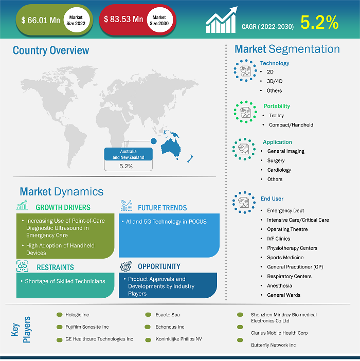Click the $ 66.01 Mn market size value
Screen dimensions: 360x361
point(41,20)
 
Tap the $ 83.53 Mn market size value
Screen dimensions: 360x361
point(123,20)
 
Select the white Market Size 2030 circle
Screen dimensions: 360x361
point(159,20)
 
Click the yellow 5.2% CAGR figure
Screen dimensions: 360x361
point(319,22)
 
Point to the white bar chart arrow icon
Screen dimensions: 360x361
point(221,20)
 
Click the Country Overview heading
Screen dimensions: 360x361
point(50,50)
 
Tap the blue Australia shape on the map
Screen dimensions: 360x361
point(171,148)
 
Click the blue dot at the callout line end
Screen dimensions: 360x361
point(154,141)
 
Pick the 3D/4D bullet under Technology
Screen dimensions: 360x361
point(275,81)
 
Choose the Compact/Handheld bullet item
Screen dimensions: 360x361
point(291,125)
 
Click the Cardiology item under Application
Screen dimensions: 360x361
point(279,170)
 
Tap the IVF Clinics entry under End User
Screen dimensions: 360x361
point(279,239)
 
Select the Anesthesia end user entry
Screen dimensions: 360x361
point(279,286)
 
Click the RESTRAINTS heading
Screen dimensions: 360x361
point(55,267)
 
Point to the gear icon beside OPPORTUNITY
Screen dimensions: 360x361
point(126,266)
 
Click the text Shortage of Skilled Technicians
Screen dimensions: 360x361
point(65,281)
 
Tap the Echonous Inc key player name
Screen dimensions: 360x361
point(170,327)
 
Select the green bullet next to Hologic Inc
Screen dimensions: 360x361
point(59,315)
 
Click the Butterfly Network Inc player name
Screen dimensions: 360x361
point(273,345)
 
